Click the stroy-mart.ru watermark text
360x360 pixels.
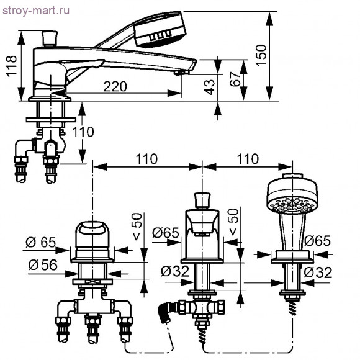tap(35, 11)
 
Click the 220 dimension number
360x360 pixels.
tap(115, 86)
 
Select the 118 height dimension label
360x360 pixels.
tap(11, 66)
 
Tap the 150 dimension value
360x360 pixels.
tap(261, 55)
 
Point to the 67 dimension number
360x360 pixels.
tap(235, 79)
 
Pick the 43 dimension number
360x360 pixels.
tap(210, 88)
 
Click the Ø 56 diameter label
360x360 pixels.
tap(43, 265)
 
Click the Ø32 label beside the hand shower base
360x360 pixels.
tap(318, 272)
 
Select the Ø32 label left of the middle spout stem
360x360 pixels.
tap(174, 271)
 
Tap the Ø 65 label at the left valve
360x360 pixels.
tap(40, 242)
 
